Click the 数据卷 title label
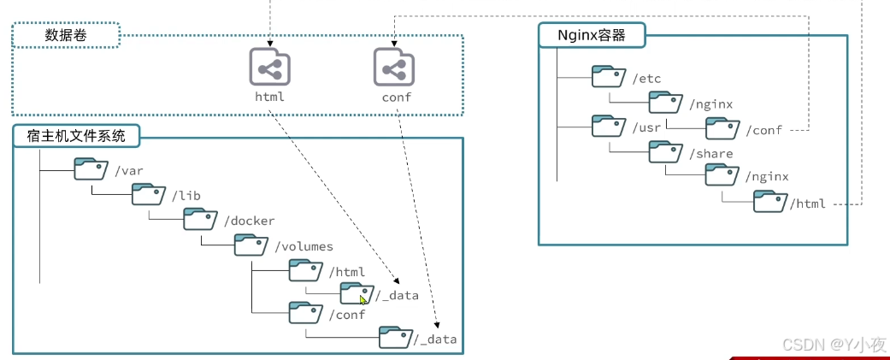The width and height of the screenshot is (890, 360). (66, 36)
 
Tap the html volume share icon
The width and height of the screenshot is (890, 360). (269, 67)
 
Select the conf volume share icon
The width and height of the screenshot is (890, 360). (393, 67)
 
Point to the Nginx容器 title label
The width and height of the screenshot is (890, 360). (592, 35)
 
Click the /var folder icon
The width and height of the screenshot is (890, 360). (90, 168)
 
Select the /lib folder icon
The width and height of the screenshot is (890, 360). (148, 194)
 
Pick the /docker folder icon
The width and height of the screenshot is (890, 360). (200, 220)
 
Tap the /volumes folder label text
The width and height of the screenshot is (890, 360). (304, 246)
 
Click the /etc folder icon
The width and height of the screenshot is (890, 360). (609, 78)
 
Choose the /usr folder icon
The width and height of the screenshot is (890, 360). (609, 127)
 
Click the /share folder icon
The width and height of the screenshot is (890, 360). (665, 151)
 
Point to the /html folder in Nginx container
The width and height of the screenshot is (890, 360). (769, 202)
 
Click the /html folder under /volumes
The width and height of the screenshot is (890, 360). (305, 270)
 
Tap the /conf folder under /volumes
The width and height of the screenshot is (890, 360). (305, 313)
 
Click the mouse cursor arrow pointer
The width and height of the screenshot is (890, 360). (363, 299)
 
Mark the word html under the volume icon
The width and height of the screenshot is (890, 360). (269, 97)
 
